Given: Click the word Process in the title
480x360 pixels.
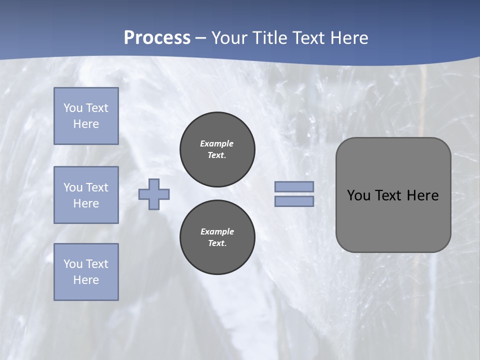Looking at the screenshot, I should click(157, 38).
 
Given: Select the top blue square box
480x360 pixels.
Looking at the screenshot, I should click(86, 116).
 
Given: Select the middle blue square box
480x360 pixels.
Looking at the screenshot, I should click(86, 195).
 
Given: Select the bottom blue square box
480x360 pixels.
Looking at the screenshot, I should click(86, 272).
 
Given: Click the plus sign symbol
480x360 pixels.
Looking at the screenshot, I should click(154, 194).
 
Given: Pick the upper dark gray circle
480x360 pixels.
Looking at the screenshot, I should click(217, 149).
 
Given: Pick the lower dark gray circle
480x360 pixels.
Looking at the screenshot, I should click(217, 237).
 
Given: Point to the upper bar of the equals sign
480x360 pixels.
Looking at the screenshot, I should click(294, 186).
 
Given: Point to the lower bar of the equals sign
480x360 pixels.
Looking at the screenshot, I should click(294, 201).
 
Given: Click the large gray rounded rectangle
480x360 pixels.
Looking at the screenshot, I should click(393, 220).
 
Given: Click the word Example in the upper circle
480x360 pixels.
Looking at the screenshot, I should click(217, 143).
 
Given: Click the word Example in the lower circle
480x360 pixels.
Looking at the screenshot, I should click(217, 231).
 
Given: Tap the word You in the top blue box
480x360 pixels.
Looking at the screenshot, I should click(72, 108).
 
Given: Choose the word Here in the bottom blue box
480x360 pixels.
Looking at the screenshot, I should click(86, 280).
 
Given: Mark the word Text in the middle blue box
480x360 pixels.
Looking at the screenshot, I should click(96, 187).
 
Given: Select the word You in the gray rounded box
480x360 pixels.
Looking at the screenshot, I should click(358, 195).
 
